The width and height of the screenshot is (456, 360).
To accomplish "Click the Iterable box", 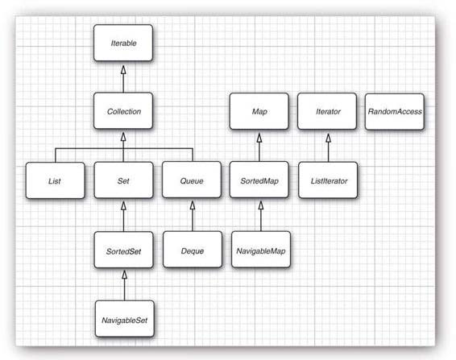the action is click(123, 43).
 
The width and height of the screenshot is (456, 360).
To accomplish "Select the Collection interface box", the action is click(123, 111).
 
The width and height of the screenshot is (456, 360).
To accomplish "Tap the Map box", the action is click(259, 111).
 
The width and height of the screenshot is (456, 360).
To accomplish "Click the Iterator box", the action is click(327, 111).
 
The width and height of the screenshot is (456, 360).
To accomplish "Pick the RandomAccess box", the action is click(395, 112).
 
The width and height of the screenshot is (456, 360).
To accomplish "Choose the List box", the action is click(56, 180).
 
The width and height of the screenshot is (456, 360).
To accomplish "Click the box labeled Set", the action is click(123, 180).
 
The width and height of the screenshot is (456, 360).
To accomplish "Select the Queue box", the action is click(192, 180).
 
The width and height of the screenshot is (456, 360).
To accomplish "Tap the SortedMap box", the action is click(259, 180).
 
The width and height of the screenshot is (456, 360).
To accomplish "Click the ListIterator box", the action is click(328, 180).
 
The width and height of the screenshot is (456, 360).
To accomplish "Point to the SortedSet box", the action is click(123, 250).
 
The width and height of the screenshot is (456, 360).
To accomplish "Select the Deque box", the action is click(193, 250).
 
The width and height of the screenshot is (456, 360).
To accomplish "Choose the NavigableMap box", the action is click(261, 250).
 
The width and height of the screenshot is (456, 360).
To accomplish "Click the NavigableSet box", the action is click(124, 319).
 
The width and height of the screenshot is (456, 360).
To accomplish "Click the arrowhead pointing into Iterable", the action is click(123, 70).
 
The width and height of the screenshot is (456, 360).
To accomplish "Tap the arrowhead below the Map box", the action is click(259, 138).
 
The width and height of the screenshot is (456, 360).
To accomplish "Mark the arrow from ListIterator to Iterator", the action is click(329, 147).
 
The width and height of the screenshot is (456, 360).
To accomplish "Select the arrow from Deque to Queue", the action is click(193, 216).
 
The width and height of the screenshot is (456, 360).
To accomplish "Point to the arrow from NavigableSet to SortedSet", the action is click(124, 286).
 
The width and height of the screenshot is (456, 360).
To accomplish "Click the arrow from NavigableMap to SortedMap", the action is click(261, 216).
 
